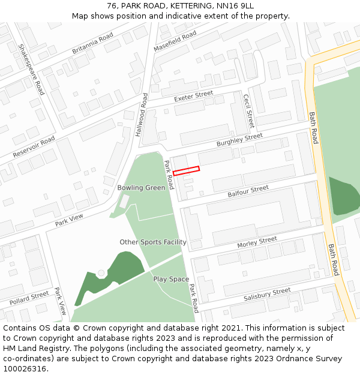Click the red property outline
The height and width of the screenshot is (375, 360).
186,171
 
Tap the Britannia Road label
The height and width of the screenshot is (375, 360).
92,43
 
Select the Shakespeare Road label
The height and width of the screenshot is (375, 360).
31,69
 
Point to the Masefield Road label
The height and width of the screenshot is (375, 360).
175,41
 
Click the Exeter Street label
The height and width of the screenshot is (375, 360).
193,96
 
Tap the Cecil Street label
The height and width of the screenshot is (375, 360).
248,111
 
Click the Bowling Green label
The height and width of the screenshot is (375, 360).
141,188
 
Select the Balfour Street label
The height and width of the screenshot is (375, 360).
248,191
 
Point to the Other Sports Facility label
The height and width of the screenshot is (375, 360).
152,242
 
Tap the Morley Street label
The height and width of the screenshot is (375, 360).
257,242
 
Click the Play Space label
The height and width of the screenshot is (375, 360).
171,279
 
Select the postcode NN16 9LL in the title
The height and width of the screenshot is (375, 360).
231,6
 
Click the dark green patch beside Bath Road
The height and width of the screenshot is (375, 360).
343,195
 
